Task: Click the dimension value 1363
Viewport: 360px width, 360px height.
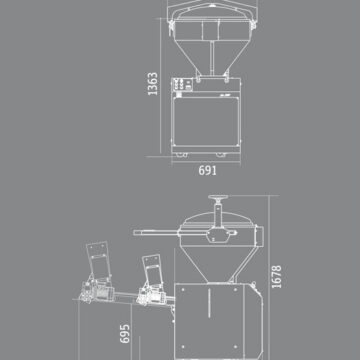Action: tap(153, 84)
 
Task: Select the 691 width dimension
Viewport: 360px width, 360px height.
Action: tap(207, 170)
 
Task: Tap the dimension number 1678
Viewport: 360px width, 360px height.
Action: tap(276, 277)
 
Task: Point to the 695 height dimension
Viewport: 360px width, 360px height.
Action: tap(125, 333)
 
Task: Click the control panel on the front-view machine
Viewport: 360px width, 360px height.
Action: tap(182, 85)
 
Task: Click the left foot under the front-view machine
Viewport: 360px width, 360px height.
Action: tap(181, 155)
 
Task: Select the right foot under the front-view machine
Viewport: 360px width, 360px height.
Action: tap(221, 155)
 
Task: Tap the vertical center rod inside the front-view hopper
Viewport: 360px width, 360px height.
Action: tap(212, 58)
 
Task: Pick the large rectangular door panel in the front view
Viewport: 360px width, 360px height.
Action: tap(206, 122)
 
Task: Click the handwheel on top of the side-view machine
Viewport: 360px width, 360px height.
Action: tap(218, 197)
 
